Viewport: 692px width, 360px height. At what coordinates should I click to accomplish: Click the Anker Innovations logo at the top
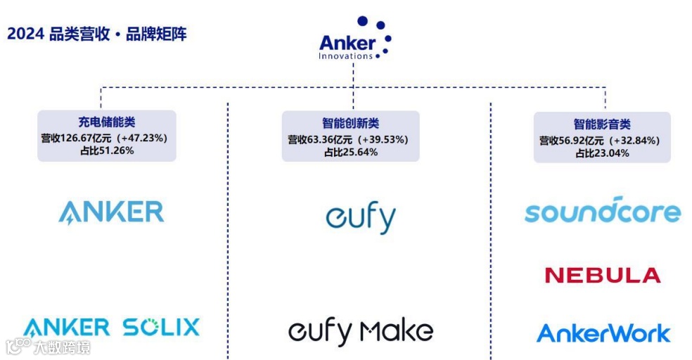pos(354,41)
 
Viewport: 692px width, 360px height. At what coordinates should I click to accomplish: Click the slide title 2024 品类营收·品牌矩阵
pos(97,34)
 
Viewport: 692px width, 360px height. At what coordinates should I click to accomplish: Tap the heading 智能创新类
pos(350,124)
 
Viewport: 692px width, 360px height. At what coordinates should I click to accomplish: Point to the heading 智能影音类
pos(601,124)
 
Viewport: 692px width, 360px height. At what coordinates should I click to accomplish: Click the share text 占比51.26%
pos(106,150)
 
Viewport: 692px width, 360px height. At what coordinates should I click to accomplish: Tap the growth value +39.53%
pos(383,139)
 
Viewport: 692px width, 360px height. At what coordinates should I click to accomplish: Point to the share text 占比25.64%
pos(350,152)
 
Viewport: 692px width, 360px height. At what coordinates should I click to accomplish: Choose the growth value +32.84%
pos(634,141)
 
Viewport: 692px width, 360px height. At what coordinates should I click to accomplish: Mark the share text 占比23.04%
pos(601,153)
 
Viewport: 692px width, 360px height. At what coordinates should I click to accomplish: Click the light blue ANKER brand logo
pos(111,212)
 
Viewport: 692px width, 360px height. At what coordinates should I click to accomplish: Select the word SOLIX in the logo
pos(161,327)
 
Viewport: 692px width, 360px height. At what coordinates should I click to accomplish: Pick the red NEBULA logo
pos(603,275)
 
